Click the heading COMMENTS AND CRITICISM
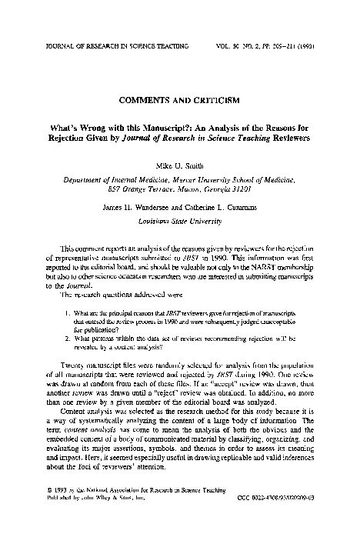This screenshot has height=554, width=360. [x=179, y=100]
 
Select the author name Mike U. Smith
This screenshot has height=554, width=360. [x=180, y=165]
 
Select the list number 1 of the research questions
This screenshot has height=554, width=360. [x=68, y=313]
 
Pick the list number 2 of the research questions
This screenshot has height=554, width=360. [x=68, y=336]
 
